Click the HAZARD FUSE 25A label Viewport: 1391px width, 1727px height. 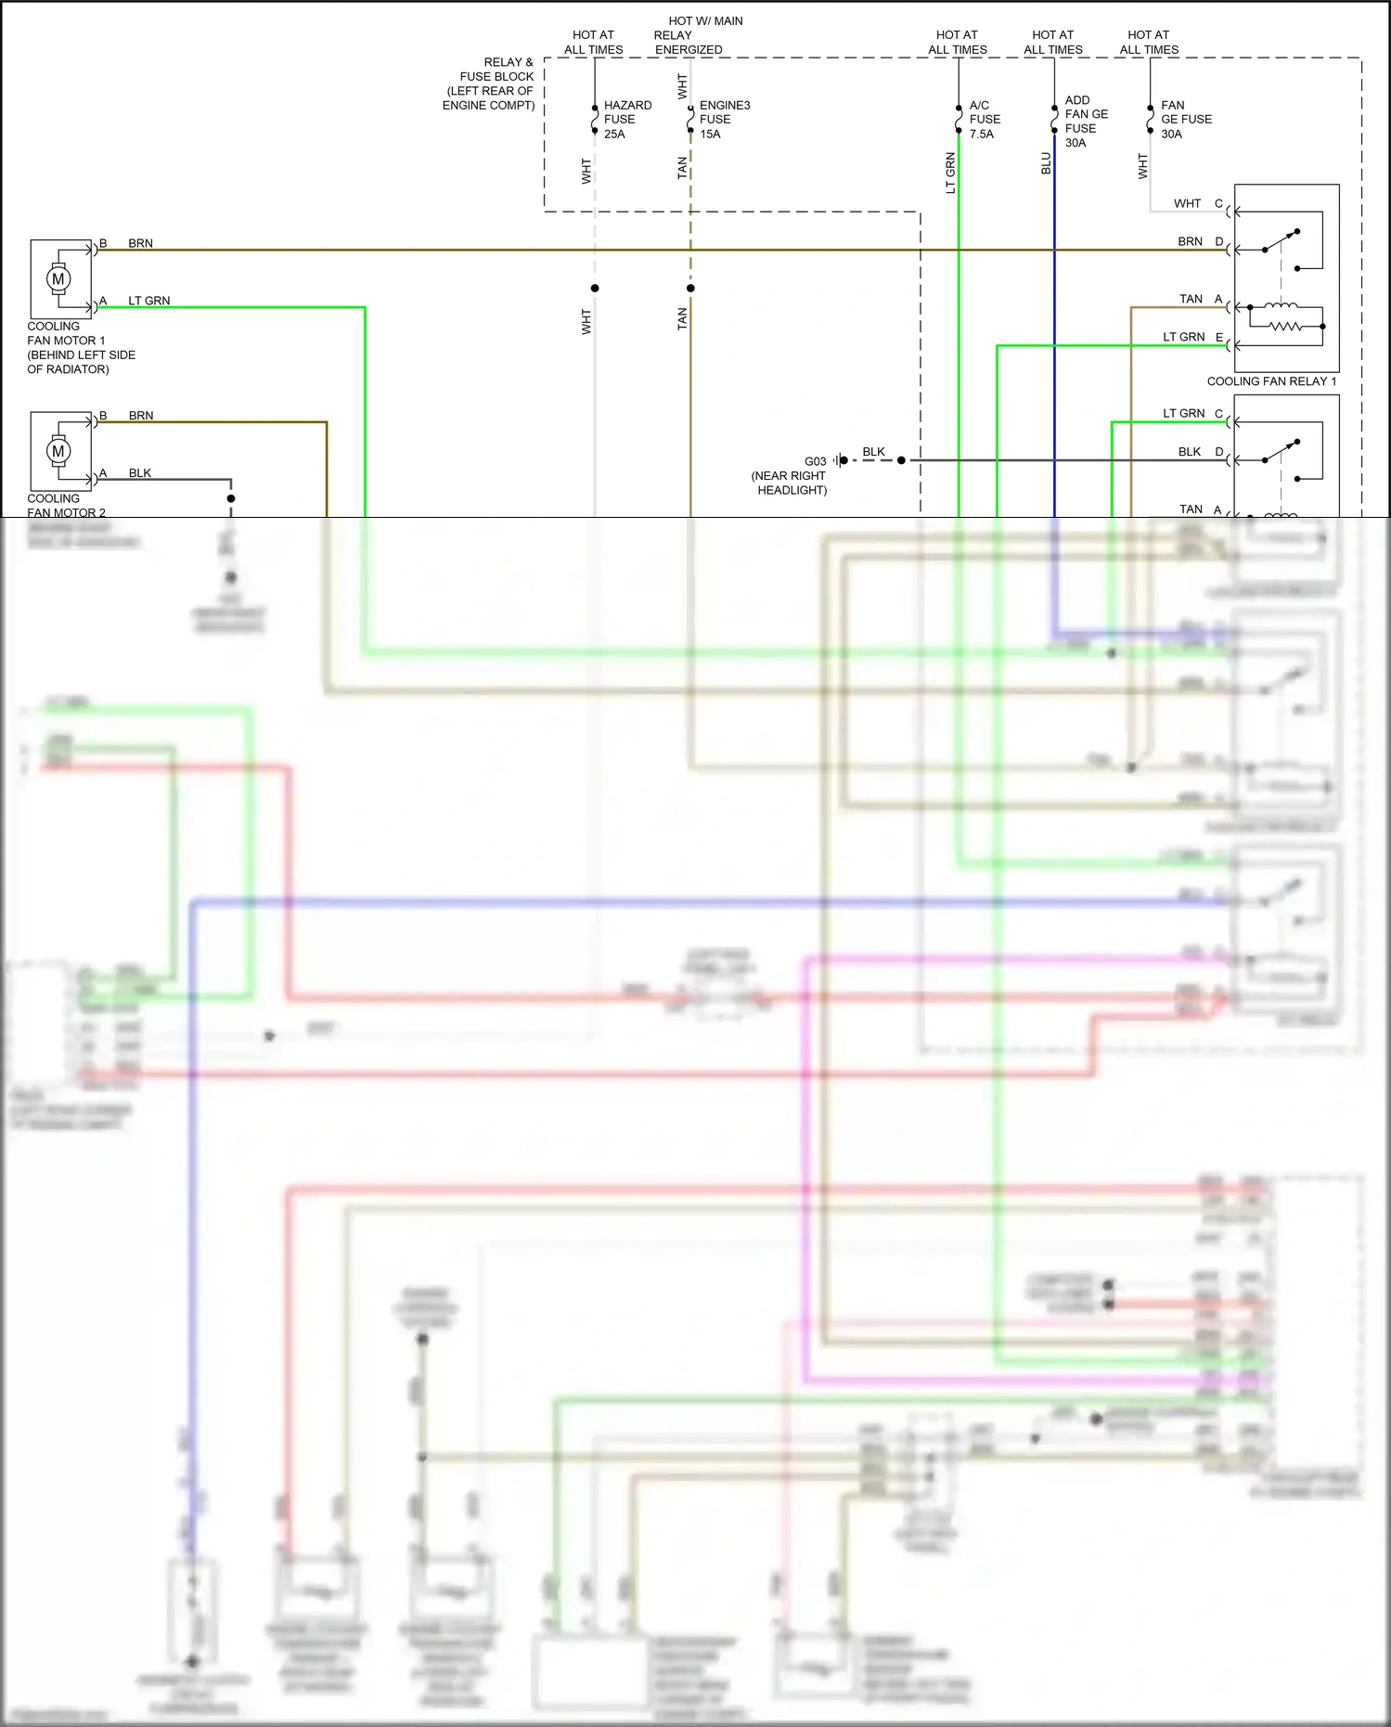626,120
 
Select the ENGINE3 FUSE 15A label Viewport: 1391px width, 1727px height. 724,120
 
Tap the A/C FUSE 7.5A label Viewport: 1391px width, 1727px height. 985,120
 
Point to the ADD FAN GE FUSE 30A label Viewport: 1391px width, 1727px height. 1086,122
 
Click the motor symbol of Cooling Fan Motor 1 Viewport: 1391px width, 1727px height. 58,278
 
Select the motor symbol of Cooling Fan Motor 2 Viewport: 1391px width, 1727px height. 58,451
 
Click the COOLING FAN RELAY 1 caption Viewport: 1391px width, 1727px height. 1271,381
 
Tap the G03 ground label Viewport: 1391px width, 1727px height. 815,461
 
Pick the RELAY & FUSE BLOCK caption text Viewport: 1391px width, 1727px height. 489,84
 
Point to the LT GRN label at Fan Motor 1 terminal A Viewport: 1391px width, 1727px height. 148,301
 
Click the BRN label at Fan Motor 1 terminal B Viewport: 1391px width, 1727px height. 140,243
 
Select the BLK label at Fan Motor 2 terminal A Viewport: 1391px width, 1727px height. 140,473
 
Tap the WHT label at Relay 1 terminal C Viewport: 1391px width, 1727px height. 1187,203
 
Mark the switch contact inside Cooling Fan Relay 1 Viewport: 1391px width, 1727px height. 1281,240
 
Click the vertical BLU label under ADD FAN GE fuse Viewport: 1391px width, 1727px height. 1046,163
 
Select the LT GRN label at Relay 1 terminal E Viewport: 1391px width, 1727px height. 1183,337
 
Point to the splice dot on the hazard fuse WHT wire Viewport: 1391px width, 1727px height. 595,288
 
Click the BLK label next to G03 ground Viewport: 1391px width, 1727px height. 873,452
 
